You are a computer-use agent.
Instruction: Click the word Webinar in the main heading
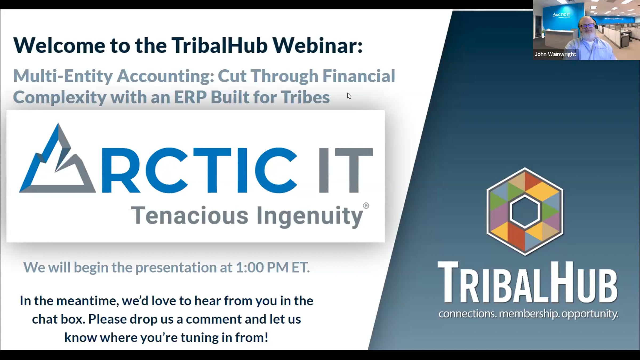click(x=317, y=45)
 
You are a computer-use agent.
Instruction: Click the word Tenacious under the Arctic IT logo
click(x=190, y=215)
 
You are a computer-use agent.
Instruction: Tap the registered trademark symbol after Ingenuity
click(x=366, y=206)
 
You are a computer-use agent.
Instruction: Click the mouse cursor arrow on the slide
click(x=349, y=96)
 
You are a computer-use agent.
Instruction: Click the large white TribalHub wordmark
click(x=528, y=283)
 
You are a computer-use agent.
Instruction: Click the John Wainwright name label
click(x=555, y=54)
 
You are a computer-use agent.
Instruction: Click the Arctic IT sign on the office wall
click(x=561, y=15)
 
